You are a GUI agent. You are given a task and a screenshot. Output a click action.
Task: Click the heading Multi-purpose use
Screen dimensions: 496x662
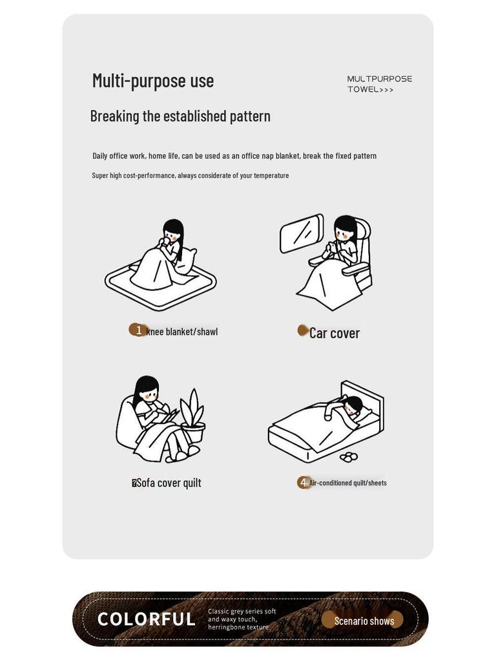point(152,81)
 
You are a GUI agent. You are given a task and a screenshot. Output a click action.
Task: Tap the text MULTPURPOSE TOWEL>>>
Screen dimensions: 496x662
point(379,84)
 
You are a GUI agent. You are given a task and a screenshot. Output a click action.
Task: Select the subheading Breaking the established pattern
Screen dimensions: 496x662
point(180,116)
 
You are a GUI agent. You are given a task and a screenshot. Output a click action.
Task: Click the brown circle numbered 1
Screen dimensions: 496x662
point(138,330)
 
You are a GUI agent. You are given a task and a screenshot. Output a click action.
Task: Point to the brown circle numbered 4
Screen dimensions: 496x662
point(303,482)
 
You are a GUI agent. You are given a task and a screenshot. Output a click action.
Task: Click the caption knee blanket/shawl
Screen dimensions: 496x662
point(182,332)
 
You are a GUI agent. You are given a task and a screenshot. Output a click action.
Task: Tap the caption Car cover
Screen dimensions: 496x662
point(335,333)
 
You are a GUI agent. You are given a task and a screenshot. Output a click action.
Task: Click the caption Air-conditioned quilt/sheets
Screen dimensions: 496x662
point(348,483)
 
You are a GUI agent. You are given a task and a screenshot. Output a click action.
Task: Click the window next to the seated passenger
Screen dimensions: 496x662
point(302,233)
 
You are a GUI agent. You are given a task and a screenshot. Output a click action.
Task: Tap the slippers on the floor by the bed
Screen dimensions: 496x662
point(348,456)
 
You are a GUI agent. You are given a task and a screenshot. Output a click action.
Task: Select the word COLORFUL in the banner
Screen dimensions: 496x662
point(147,619)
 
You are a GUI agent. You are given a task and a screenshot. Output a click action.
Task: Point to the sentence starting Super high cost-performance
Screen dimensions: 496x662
point(191,175)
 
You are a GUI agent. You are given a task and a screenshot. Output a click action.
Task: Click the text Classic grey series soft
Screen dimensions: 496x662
point(242,611)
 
